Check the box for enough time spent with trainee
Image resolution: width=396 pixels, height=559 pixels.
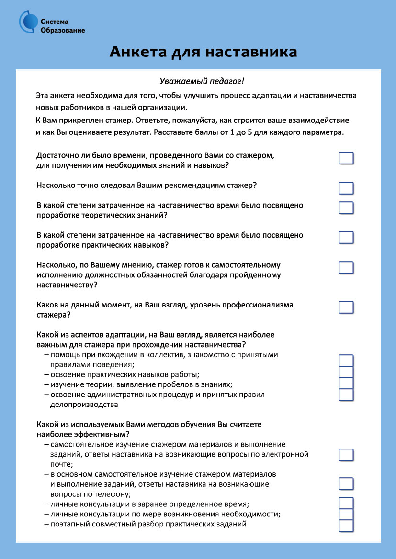point(346,158)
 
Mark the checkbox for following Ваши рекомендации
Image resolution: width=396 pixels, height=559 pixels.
point(346,188)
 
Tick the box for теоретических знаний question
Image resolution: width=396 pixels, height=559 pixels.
point(346,208)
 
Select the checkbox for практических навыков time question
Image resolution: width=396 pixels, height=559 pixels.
point(346,238)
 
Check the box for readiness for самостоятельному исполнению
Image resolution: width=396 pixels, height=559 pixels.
point(346,267)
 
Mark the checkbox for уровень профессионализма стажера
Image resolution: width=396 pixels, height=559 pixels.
point(346,307)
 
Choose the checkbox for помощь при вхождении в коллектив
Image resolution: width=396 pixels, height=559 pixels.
point(346,361)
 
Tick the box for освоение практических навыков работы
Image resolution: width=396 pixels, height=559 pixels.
point(346,372)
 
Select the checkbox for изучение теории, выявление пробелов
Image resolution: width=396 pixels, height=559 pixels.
point(346,384)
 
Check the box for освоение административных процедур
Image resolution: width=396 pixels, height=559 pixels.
point(346,395)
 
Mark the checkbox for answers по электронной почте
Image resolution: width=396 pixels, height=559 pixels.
point(346,455)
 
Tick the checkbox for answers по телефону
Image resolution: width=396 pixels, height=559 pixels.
point(346,483)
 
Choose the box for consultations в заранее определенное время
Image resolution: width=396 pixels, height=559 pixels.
point(346,503)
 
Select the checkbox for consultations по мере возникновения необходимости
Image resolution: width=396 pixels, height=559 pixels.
point(346,515)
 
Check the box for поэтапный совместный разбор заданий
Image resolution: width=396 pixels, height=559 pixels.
point(346,526)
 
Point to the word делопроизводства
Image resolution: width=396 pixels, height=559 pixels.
point(83,405)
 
